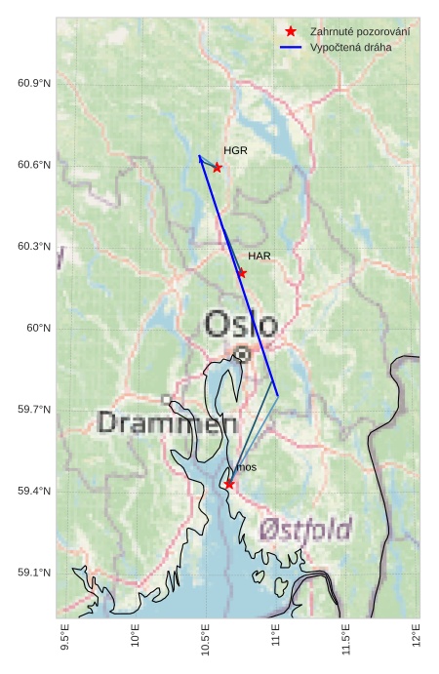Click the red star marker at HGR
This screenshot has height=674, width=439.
[217, 168]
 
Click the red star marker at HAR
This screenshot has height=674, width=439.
[242, 273]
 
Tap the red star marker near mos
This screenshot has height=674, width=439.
[229, 484]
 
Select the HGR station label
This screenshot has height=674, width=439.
[235, 151]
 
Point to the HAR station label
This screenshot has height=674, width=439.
[259, 256]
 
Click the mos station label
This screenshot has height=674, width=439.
[247, 468]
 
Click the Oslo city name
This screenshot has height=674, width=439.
[241, 325]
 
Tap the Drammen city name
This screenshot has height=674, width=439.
[168, 423]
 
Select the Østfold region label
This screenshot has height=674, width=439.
[305, 530]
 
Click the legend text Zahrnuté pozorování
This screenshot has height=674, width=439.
[359, 32]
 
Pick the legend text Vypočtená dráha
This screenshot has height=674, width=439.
[350, 47]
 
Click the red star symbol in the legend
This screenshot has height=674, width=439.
[291, 32]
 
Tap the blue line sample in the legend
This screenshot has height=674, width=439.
[291, 47]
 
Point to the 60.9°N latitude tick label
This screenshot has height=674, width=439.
[34, 83]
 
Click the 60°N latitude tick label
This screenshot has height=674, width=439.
[38, 328]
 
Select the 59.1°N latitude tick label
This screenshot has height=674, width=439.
[34, 573]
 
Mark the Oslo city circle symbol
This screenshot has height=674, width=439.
[242, 356]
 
